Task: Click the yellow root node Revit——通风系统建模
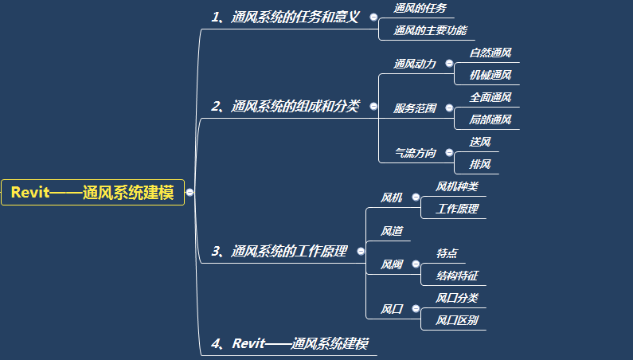tap(92, 192)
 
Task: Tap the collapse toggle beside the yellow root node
tap(190, 192)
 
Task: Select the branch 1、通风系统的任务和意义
tap(285, 17)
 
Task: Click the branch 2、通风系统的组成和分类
tap(285, 106)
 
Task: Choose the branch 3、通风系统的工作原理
tap(279, 252)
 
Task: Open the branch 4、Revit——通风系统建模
tap(290, 343)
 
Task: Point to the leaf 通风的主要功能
tap(430, 30)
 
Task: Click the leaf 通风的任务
tap(420, 8)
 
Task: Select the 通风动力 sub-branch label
tap(415, 64)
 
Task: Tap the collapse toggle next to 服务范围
tap(449, 108)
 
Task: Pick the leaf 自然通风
tap(490, 53)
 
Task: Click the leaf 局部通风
tap(490, 119)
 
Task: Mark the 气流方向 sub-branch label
tap(416, 153)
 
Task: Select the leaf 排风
tap(480, 164)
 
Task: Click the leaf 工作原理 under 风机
tap(457, 209)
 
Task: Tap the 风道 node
tap(392, 231)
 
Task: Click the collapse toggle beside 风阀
tap(416, 264)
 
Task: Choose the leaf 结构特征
tap(457, 276)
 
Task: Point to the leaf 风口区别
tap(457, 320)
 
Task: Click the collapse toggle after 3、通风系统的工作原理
tap(361, 252)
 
